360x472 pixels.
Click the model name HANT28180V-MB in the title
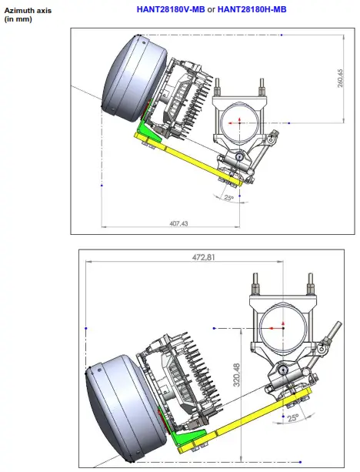171,10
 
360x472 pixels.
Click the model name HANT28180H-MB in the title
252,10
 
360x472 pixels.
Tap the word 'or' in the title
211,10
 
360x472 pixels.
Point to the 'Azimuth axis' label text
28,11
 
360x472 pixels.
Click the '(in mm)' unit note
18,19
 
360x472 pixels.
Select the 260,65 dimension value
340,79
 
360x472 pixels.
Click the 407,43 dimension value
178,223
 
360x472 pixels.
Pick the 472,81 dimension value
204,257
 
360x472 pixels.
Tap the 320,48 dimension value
237,375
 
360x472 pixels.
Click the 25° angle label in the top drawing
229,198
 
